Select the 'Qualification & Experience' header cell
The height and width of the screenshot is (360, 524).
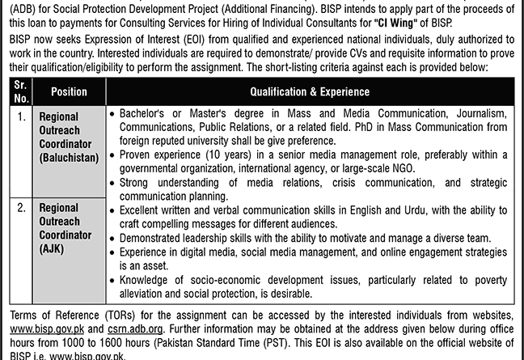click(309, 92)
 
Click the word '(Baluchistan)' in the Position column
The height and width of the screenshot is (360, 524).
click(68, 157)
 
